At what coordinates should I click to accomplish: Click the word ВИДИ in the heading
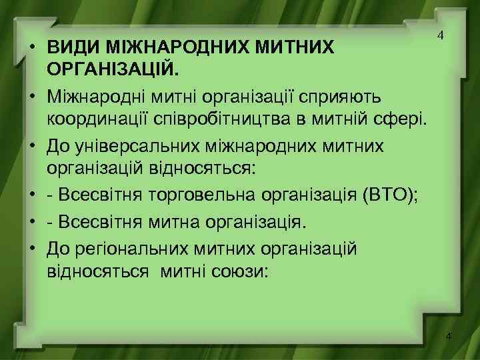69,47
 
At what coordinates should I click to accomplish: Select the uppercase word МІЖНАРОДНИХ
165,47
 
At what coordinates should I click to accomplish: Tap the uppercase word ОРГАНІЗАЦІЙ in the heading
110,69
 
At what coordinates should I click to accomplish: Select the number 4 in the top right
440,35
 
